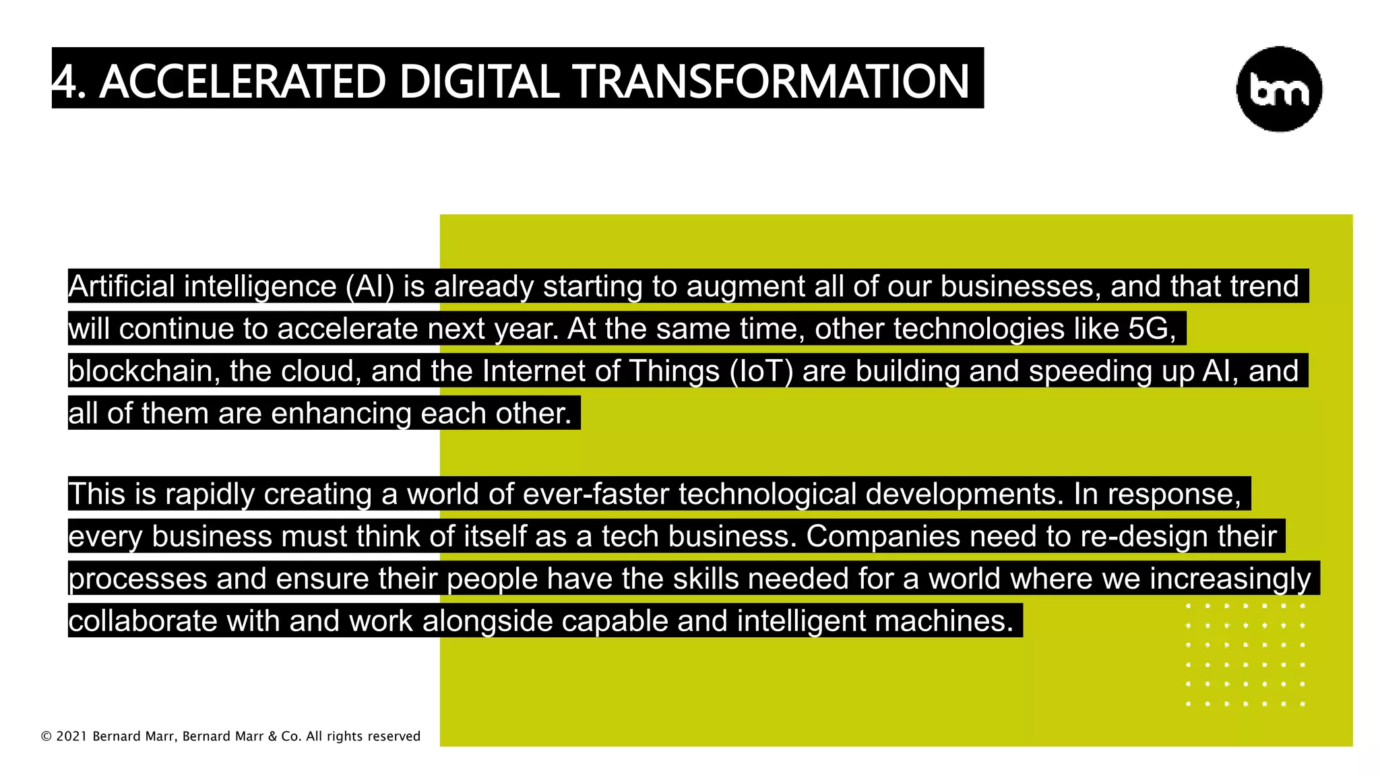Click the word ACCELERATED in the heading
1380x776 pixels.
click(243, 82)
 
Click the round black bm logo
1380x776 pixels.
click(1279, 89)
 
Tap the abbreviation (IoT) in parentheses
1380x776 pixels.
click(761, 371)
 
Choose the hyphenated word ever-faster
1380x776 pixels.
click(596, 494)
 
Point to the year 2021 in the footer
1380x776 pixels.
click(71, 736)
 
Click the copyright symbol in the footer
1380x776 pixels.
click(46, 736)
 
